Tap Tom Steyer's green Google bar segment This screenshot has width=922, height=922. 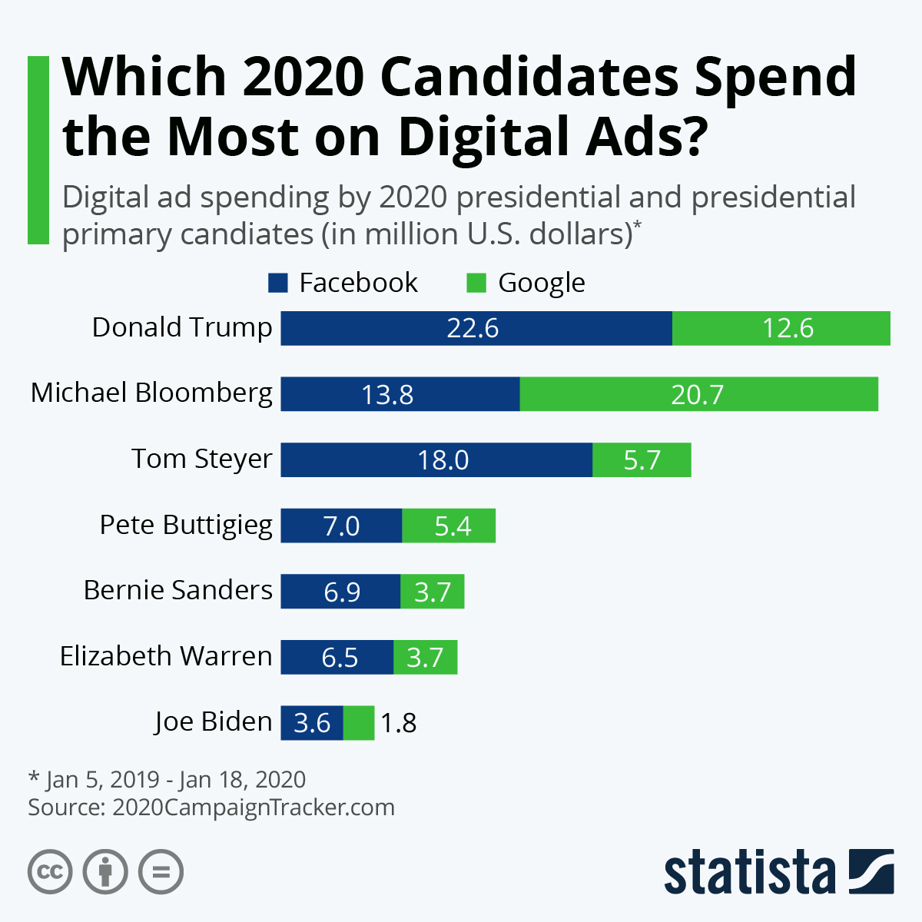(642, 459)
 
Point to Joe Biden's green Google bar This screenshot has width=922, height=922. (359, 723)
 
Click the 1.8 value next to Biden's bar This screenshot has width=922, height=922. (399, 723)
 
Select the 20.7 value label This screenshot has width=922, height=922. (697, 394)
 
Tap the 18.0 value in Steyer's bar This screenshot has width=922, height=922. (443, 459)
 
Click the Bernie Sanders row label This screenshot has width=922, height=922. (177, 590)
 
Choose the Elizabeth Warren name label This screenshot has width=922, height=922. (166, 656)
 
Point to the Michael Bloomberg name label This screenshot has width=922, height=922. (151, 393)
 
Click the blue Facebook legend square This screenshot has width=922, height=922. (278, 283)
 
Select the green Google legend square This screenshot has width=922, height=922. (476, 283)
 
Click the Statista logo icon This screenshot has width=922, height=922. (871, 871)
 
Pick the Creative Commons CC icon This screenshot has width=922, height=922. (50, 872)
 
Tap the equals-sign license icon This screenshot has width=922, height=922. (161, 872)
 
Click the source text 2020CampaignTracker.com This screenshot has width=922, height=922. (254, 808)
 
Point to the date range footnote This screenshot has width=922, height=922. (167, 780)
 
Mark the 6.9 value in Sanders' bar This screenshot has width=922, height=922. (342, 592)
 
